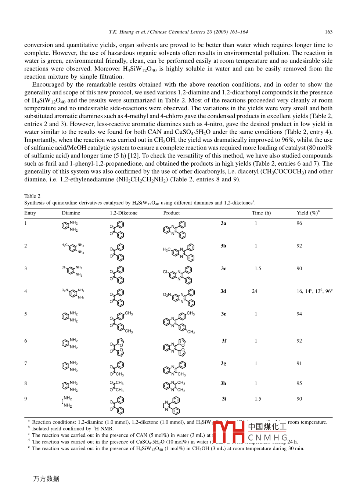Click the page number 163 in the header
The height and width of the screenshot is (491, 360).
[328, 32]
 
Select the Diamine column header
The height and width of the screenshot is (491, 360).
[71, 213]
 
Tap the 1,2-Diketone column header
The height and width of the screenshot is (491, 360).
[124, 213]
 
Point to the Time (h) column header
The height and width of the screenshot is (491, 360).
[261, 213]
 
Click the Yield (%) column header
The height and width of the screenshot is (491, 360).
[308, 213]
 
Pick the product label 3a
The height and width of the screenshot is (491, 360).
[223, 223]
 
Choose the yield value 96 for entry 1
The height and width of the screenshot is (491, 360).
[299, 223]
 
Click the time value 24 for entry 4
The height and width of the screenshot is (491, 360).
[255, 291]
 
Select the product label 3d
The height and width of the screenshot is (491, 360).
[223, 291]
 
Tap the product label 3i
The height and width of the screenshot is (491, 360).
[224, 399]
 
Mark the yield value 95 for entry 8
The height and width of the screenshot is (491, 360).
[299, 383]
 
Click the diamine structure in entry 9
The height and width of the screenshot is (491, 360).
[67, 402]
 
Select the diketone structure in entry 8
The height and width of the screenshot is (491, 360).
[117, 386]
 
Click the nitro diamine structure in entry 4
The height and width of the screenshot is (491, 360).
[73, 293]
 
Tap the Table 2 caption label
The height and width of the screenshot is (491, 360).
[32, 196]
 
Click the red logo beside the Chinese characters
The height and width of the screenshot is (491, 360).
[228, 432]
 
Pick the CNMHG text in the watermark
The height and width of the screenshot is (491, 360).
[267, 438]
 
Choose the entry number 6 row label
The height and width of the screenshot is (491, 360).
[26, 341]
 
